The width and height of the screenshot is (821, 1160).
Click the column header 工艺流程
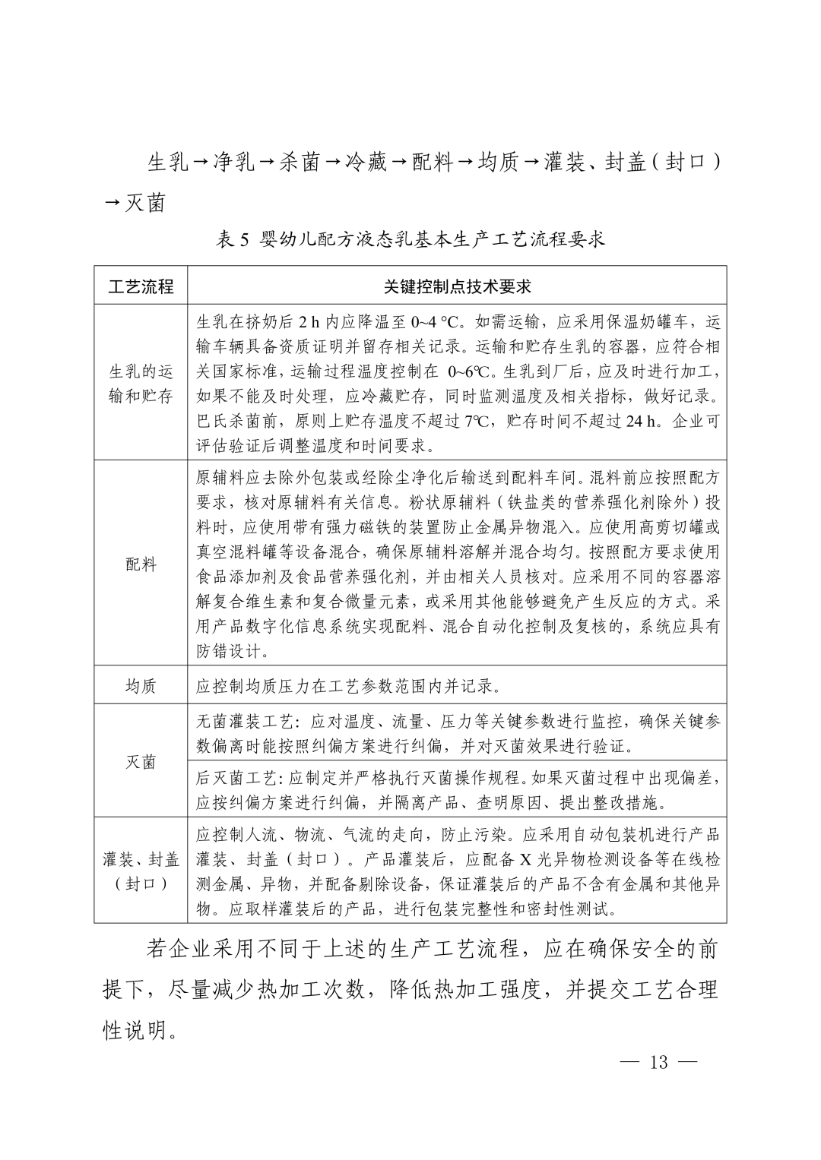point(141,286)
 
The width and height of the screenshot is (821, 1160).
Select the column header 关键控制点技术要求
point(457,286)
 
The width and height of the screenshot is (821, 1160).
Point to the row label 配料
point(141,564)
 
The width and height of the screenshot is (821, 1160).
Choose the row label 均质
point(141,686)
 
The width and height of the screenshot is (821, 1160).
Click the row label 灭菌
point(141,762)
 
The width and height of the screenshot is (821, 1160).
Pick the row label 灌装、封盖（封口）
point(141,871)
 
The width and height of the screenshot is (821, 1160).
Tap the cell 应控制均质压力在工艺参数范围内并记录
point(349,687)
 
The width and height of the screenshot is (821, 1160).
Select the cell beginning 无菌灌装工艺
point(457,733)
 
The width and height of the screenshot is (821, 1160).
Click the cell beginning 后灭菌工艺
point(457,789)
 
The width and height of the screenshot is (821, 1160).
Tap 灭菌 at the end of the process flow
point(145,204)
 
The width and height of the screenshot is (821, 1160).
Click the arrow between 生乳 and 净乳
point(201,161)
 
